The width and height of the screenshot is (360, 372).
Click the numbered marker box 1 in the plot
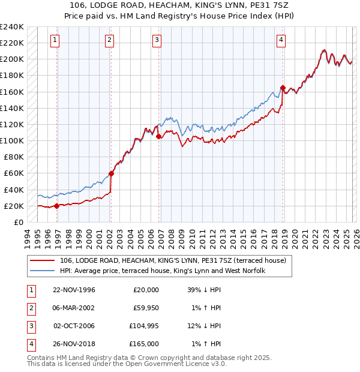coord(55,40)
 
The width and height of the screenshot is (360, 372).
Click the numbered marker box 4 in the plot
coord(281,40)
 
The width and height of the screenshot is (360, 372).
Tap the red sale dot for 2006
coord(159,137)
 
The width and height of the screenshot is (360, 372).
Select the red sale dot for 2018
coord(283,88)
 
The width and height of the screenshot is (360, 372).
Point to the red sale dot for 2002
coord(111,173)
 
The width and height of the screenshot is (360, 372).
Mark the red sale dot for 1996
coord(57,206)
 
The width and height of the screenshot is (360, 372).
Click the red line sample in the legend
coord(42,260)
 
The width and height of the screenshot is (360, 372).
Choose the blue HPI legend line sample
coord(42,271)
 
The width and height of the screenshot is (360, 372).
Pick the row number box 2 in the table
coord(30,308)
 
